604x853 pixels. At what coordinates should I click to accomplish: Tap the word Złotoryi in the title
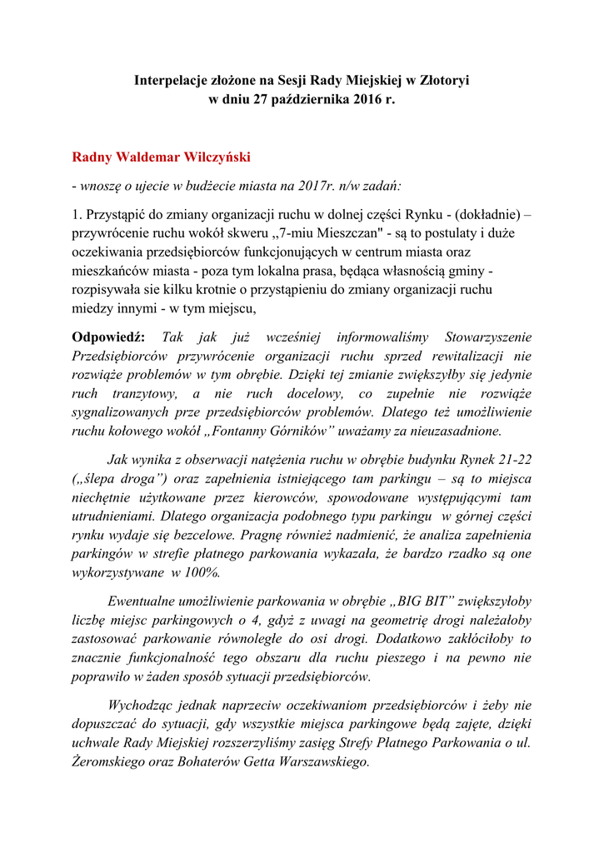click(x=443, y=81)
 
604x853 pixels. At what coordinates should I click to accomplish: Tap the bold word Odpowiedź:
click(x=108, y=337)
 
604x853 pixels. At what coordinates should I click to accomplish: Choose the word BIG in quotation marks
click(x=409, y=602)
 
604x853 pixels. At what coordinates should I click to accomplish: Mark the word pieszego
click(x=450, y=658)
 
